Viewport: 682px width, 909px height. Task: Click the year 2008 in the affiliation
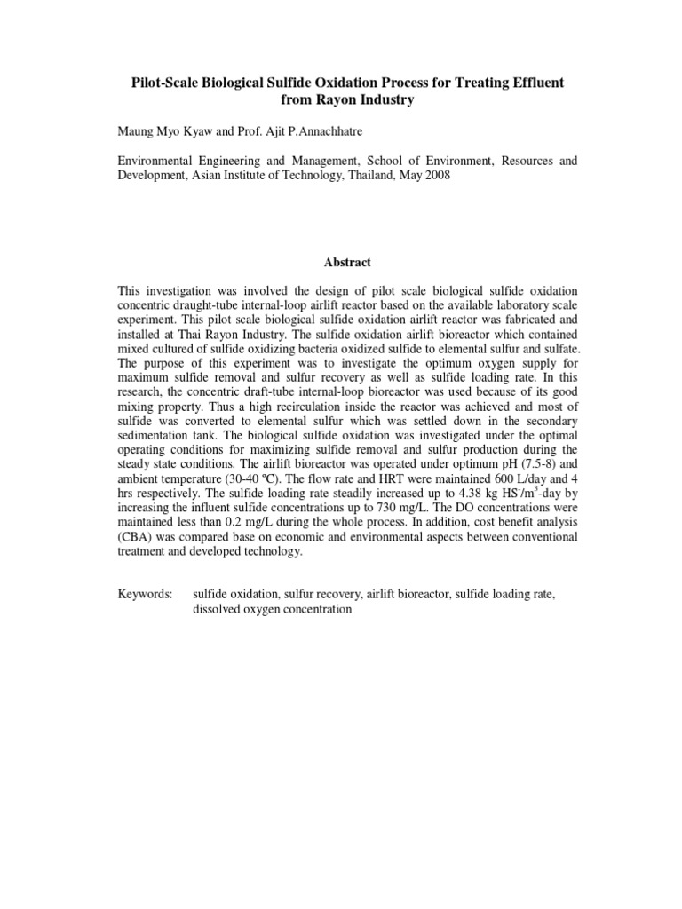click(x=435, y=177)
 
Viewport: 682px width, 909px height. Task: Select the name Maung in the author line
click(x=138, y=131)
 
